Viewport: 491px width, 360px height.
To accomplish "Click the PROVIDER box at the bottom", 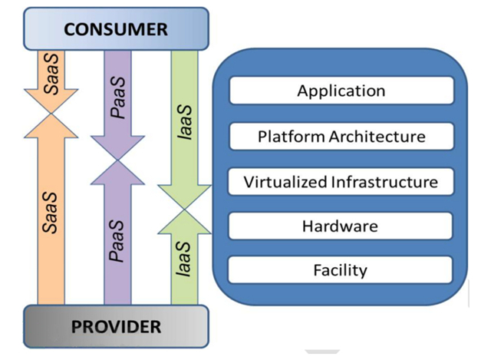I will pyautogui.click(x=116, y=326).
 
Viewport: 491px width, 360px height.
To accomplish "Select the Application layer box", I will pyautogui.click(x=341, y=91).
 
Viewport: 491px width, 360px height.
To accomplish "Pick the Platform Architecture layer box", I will pyautogui.click(x=341, y=137).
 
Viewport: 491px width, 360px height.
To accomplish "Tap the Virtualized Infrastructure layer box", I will pyautogui.click(x=341, y=182).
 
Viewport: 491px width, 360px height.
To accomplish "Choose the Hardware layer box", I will pyautogui.click(x=341, y=226).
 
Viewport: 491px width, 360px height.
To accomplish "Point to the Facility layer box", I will pyautogui.click(x=341, y=270).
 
